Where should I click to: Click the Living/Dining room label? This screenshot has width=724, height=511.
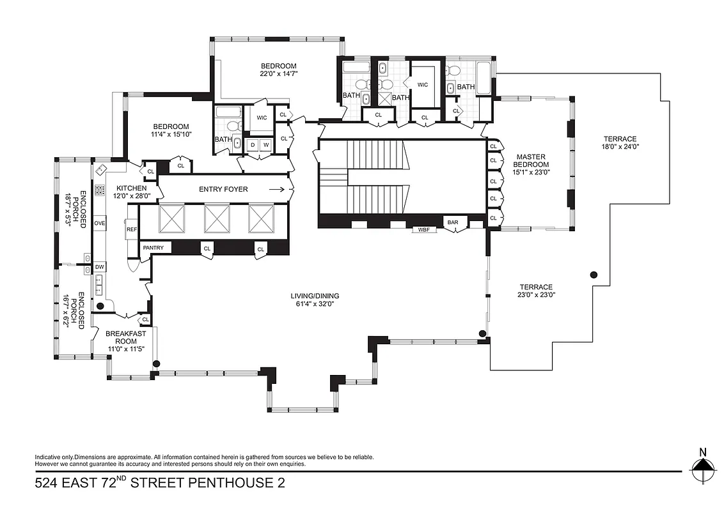click(315, 296)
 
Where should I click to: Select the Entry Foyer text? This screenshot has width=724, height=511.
click(223, 189)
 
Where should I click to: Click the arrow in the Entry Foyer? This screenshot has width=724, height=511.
click(277, 189)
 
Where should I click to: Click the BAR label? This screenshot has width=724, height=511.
click(453, 222)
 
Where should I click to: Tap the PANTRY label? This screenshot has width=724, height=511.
click(153, 248)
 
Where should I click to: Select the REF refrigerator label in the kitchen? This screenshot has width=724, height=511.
click(132, 229)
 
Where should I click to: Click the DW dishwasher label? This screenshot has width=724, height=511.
click(100, 266)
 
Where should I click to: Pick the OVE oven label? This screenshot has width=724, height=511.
click(100, 224)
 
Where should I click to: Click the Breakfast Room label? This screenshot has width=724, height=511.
click(126, 337)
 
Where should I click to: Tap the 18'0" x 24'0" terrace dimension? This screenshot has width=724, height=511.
click(621, 147)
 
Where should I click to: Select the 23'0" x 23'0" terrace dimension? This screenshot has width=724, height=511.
click(536, 295)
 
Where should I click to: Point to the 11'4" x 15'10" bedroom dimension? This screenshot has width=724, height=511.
click(170, 134)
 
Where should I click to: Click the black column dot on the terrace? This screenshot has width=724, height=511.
click(594, 275)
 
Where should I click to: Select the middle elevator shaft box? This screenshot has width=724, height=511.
click(216, 219)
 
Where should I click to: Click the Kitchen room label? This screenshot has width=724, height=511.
click(131, 188)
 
